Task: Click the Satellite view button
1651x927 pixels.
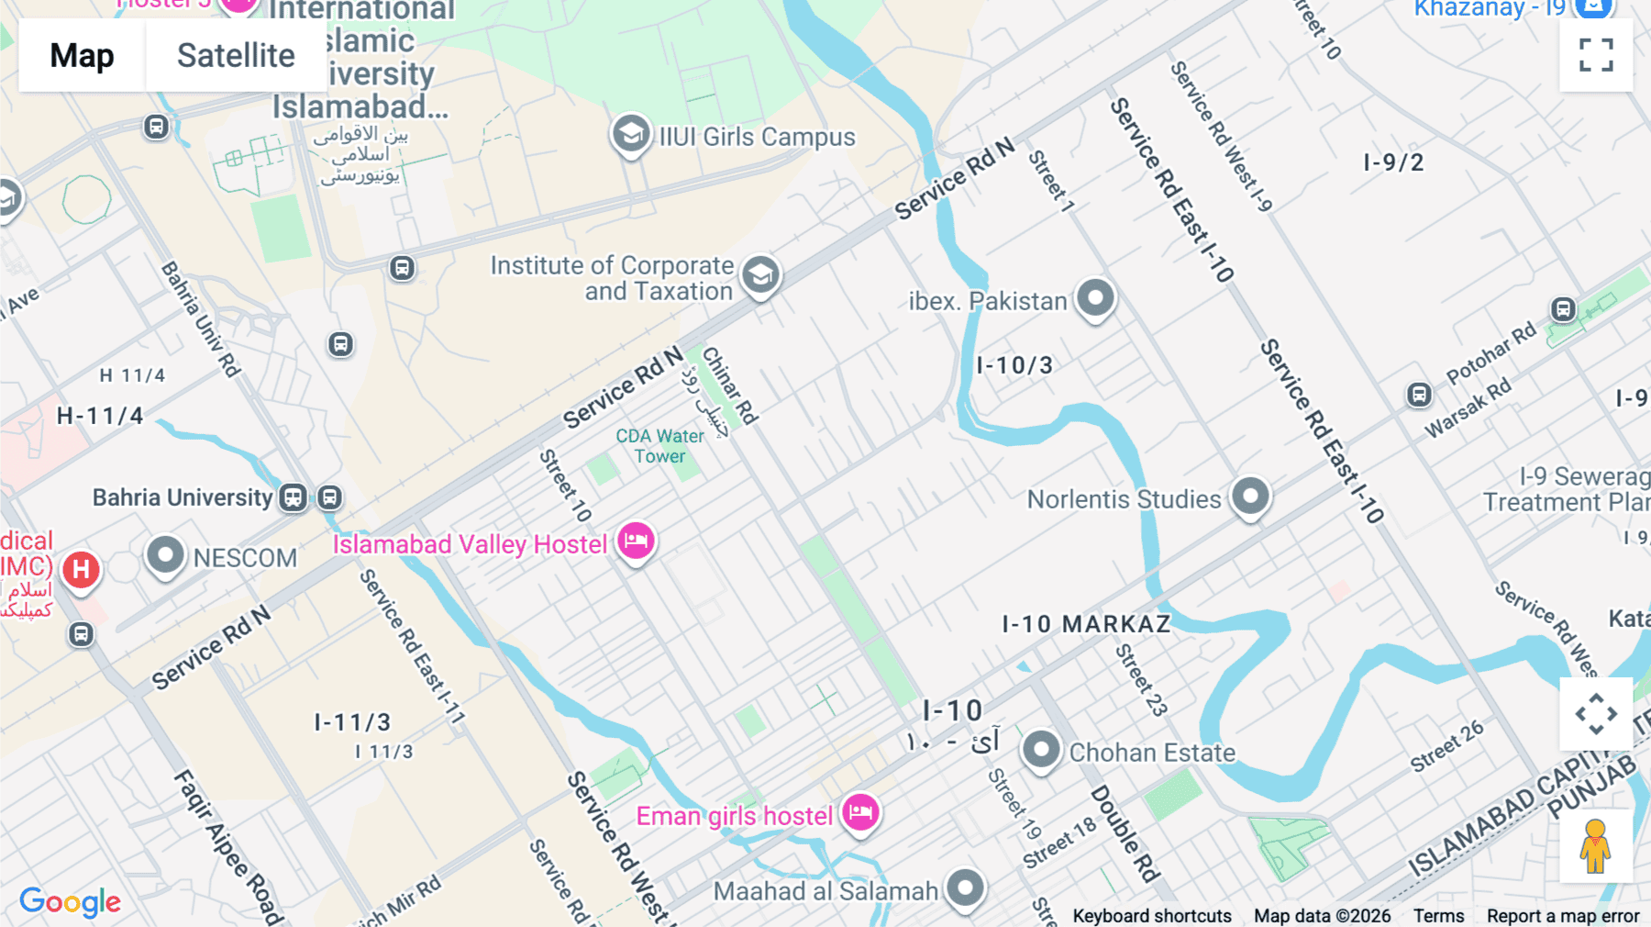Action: click(236, 56)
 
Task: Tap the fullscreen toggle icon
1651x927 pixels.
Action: click(1596, 55)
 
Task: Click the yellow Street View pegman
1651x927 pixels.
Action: click(1595, 846)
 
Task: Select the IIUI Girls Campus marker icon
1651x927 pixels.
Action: click(631, 135)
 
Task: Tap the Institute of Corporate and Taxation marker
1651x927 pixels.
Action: click(760, 274)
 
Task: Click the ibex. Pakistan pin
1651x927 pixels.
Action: click(1095, 298)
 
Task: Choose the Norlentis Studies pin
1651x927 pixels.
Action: click(1249, 497)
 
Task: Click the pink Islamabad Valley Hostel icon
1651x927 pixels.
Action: click(636, 542)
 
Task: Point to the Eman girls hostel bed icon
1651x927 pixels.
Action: click(860, 812)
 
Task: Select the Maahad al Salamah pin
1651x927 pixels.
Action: click(965, 888)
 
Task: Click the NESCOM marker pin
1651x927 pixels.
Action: click(166, 555)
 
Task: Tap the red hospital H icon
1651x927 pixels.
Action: click(81, 569)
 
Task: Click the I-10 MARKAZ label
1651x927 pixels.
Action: click(1086, 624)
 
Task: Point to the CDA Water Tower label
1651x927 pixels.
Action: click(659, 446)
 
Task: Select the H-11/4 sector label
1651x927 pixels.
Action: click(100, 416)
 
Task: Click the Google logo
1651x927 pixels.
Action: click(70, 902)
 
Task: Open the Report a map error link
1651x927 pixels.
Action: click(1563, 916)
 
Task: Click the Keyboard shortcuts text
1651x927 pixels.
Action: click(1152, 916)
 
